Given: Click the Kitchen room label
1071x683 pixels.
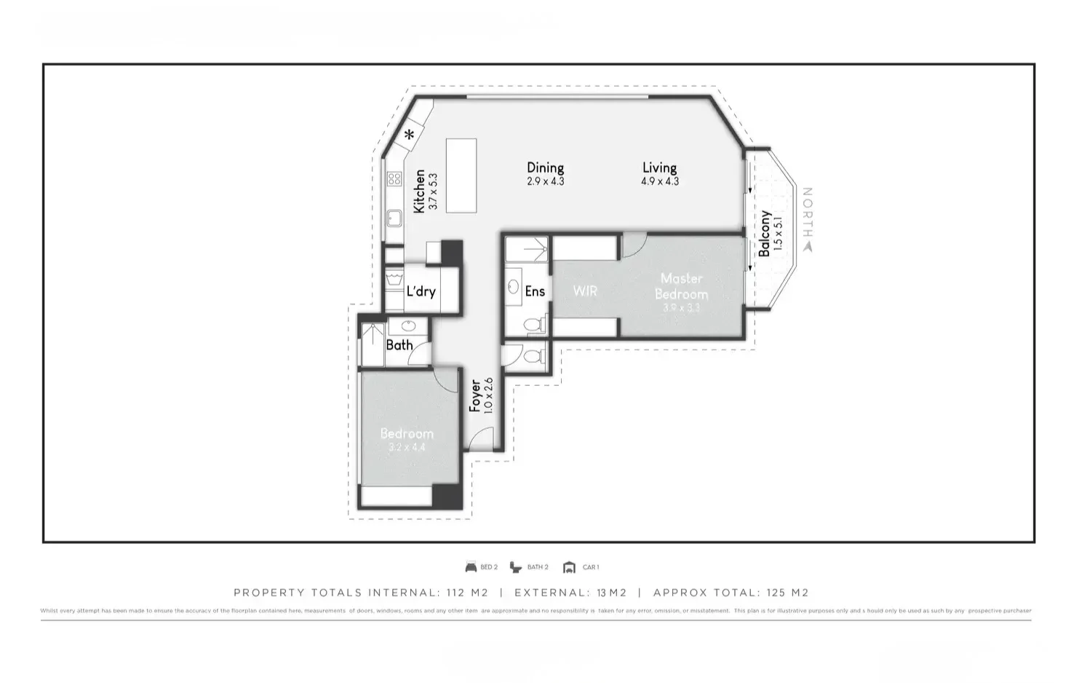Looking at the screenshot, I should pyautogui.click(x=419, y=192).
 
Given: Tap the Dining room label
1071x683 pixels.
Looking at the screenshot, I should pyautogui.click(x=545, y=168).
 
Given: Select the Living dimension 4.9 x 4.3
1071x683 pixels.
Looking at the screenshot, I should pyautogui.click(x=659, y=181).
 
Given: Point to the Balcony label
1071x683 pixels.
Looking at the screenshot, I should pyautogui.click(x=764, y=234).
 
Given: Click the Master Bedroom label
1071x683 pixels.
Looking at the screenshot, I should pyautogui.click(x=681, y=286).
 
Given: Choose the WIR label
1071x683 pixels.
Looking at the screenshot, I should pyautogui.click(x=585, y=291).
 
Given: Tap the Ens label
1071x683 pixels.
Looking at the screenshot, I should pyautogui.click(x=535, y=291).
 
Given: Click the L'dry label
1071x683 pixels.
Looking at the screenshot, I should pyautogui.click(x=421, y=291).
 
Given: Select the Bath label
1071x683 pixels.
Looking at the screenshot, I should pyautogui.click(x=399, y=345).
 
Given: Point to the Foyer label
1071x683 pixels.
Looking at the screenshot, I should pyautogui.click(x=474, y=395).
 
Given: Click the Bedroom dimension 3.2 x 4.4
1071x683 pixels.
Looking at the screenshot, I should pyautogui.click(x=407, y=447).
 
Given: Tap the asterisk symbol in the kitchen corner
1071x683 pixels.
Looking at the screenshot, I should pyautogui.click(x=410, y=134).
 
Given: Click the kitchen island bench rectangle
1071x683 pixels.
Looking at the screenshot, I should pyautogui.click(x=461, y=175).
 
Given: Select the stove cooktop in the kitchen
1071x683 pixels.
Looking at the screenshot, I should pyautogui.click(x=394, y=178).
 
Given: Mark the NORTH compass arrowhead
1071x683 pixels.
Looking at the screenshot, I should pyautogui.click(x=807, y=246).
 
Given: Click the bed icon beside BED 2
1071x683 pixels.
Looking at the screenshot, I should pyautogui.click(x=471, y=567).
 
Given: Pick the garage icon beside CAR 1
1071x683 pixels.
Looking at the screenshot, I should pyautogui.click(x=569, y=567).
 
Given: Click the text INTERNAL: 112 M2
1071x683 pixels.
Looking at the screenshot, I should pyautogui.click(x=429, y=593).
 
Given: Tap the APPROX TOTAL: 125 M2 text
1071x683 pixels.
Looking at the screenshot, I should pyautogui.click(x=730, y=593).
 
